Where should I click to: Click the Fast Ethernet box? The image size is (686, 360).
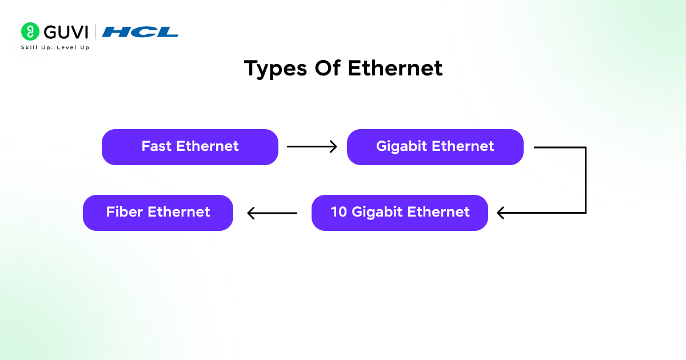tap(190, 147)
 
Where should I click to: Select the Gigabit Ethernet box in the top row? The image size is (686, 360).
tap(435, 147)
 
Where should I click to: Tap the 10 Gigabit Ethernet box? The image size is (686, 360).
tap(400, 213)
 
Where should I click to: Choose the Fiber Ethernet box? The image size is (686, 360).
tap(158, 213)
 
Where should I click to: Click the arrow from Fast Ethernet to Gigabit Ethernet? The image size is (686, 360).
tap(312, 147)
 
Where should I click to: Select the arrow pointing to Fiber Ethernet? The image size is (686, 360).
tap(272, 213)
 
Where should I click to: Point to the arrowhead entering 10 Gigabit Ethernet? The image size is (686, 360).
tap(501, 213)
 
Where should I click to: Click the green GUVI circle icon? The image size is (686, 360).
tap(30, 31)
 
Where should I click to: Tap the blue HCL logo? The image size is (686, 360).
tap(140, 32)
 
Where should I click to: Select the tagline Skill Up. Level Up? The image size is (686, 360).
tap(55, 47)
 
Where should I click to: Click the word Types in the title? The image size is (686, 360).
tap(276, 69)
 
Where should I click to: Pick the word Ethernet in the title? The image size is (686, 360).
tap(395, 69)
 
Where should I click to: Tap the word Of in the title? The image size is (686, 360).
tap(328, 69)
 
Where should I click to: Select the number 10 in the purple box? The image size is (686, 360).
tap(339, 212)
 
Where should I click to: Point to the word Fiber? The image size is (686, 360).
tap(125, 212)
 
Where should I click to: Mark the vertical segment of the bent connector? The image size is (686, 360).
tap(586, 180)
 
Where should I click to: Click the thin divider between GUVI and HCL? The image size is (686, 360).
tap(95, 32)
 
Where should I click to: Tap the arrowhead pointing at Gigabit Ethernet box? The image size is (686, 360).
tap(333, 147)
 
